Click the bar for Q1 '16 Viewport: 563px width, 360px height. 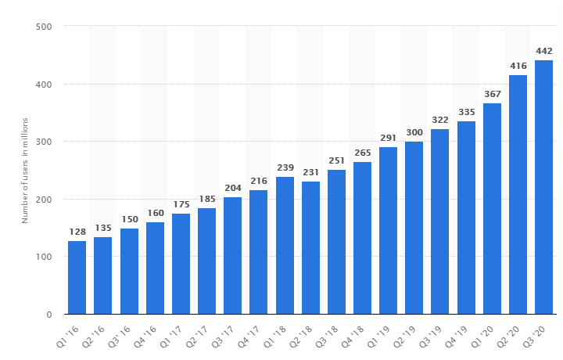[77, 278]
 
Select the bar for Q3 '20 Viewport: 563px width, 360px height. [543, 188]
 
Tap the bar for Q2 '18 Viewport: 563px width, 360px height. [310, 248]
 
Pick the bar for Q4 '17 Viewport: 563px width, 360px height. [259, 252]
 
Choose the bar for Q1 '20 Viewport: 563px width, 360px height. [492, 209]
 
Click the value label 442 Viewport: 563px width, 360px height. [543, 52]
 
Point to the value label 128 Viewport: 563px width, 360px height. [77, 232]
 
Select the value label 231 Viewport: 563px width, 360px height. [310, 172]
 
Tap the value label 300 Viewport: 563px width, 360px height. [414, 133]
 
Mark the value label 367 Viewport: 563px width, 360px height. [492, 94]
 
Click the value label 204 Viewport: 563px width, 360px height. [232, 188]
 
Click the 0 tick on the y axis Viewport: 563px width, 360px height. [48, 315]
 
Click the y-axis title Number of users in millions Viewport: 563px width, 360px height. [24, 171]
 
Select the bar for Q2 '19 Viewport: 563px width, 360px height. [414, 229]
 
